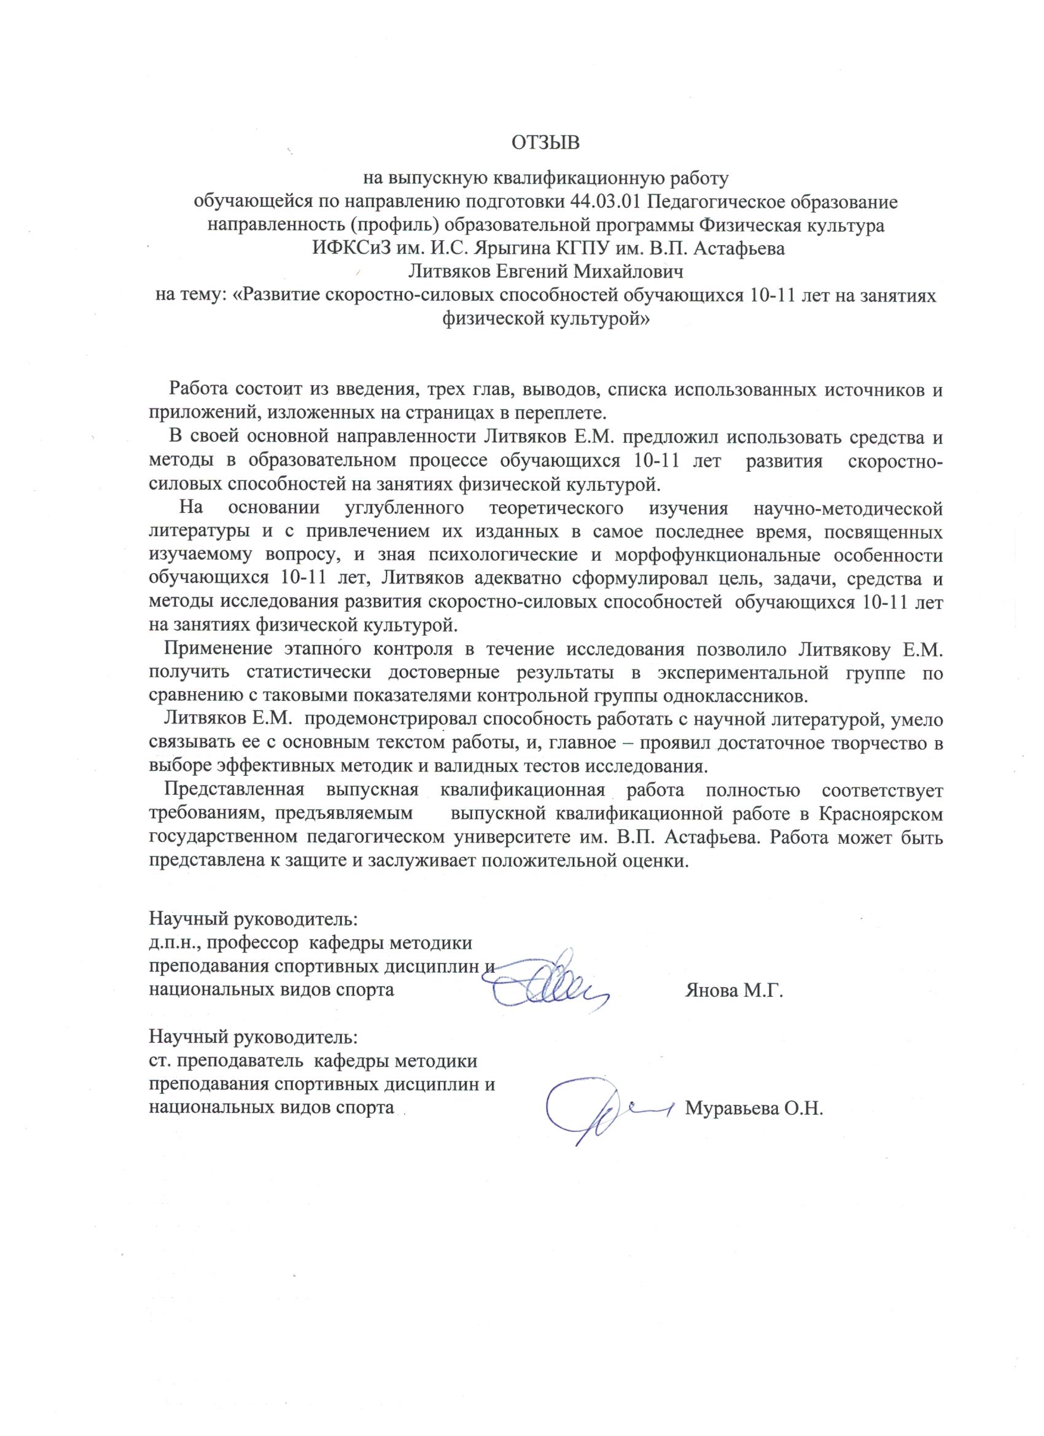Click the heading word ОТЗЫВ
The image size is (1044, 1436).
pyautogui.click(x=546, y=142)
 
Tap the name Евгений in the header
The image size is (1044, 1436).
pyautogui.click(x=534, y=271)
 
